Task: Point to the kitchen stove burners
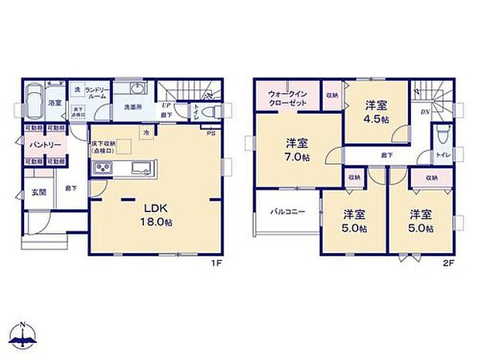click(x=104, y=170)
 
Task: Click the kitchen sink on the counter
click(x=142, y=170)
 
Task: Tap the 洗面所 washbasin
click(x=139, y=87)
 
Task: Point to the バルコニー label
click(x=286, y=211)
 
